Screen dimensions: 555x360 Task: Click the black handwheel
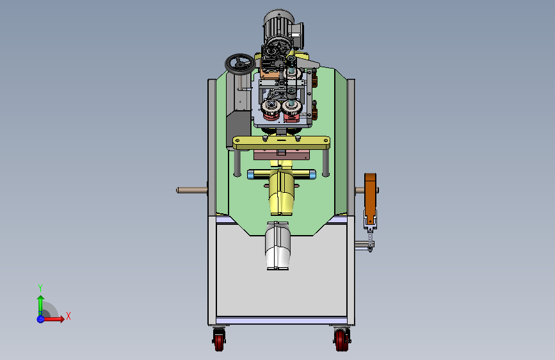[240, 64]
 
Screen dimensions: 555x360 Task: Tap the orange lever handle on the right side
[370, 196]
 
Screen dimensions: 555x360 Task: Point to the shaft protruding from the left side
[192, 191]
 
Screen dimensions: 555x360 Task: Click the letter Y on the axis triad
[40, 288]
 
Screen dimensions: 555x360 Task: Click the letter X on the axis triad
[68, 316]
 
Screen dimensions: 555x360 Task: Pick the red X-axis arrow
[53, 319]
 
